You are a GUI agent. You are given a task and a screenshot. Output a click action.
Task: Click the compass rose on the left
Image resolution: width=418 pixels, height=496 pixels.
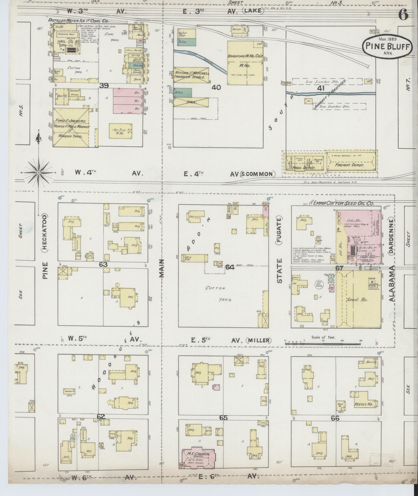pos(38,172)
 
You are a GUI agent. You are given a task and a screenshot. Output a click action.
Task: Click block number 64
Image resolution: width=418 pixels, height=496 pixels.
pos(230,267)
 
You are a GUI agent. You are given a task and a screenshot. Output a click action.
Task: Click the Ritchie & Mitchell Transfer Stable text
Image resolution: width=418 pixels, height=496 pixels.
pos(191,75)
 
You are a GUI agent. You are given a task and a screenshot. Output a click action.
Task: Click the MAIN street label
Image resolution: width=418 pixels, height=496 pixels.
pos(162,268)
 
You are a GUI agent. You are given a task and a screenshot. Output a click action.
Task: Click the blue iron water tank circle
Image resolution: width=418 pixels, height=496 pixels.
pos(331,280)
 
